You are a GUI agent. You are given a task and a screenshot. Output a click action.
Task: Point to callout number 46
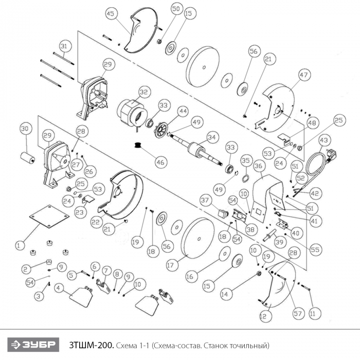[161, 163]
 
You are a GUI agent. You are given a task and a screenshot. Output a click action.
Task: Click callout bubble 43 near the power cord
[323, 140]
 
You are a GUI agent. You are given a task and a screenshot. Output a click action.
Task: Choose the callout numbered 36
[259, 166]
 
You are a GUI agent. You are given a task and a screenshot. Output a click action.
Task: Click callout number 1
[19, 245]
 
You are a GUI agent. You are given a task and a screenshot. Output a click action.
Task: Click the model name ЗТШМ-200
[91, 344]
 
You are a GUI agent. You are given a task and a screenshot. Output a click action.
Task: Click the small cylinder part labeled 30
[27, 156]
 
